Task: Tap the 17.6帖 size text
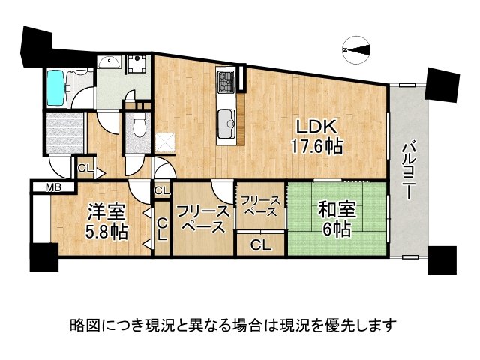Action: pos(316,148)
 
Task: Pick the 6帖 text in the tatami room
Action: pos(337,230)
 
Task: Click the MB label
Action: pos(53,187)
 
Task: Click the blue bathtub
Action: pos(56,88)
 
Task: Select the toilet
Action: pos(136,127)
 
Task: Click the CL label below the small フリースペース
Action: pos(260,244)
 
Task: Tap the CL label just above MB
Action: pos(85,169)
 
